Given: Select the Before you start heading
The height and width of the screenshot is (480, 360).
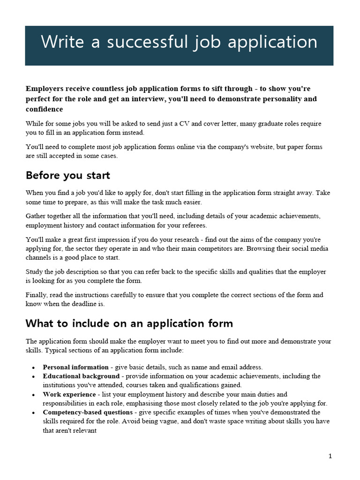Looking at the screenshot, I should pos(68,175).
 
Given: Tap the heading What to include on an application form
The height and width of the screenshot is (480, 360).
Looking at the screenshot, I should pos(129,323).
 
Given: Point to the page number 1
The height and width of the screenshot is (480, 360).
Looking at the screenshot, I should pos(330,456).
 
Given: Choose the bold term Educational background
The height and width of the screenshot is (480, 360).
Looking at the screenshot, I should pos(81,376).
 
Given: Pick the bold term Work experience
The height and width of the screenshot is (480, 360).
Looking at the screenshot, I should pos(69,394).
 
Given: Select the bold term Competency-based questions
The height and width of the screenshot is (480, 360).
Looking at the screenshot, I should pos(88,412).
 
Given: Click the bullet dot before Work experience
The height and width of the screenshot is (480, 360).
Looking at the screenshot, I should pos(33,395).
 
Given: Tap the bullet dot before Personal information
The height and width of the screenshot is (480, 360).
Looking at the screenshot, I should pos(33,367).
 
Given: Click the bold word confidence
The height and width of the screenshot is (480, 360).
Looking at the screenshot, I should pos(44,109).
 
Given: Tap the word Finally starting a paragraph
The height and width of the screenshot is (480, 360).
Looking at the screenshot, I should pos(37,295).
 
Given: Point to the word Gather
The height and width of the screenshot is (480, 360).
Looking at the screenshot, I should pos(36,216).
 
